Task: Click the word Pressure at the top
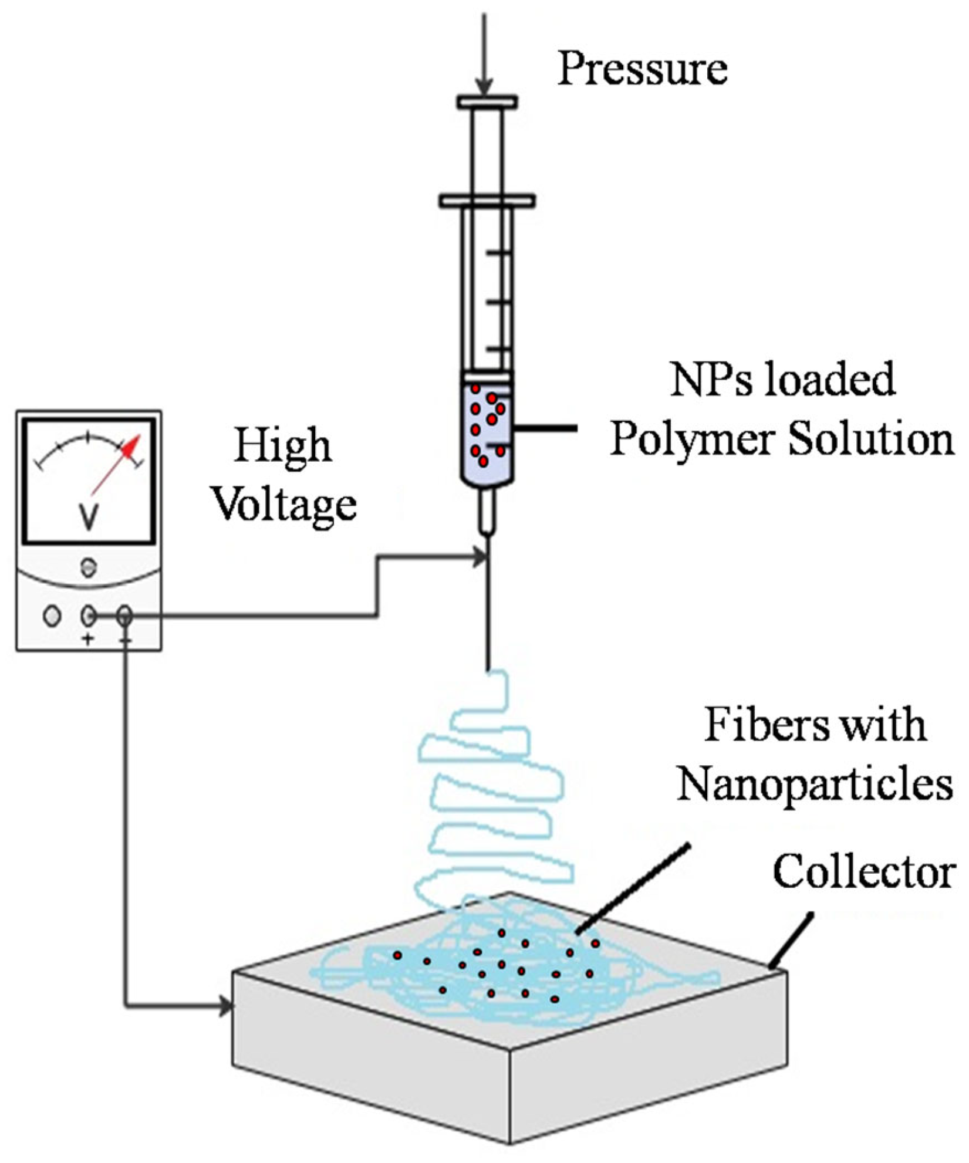(x=642, y=69)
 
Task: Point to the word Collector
(x=863, y=871)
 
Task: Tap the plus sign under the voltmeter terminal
(x=88, y=640)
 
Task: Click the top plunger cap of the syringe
(x=487, y=102)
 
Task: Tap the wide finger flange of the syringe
(x=487, y=201)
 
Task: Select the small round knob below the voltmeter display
(x=88, y=567)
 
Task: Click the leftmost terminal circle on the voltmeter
(x=52, y=616)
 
